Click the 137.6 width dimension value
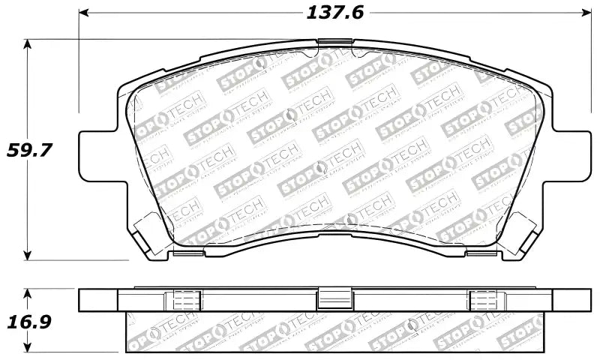[x=329, y=13]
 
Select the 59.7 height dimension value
[x=29, y=149]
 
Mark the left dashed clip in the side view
[x=184, y=299]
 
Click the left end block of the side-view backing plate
[x=100, y=299]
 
